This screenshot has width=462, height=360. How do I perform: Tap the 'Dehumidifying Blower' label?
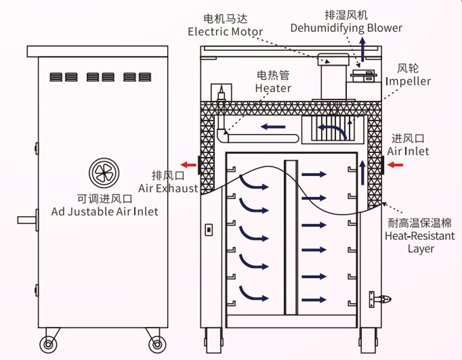pyautogui.click(x=346, y=27)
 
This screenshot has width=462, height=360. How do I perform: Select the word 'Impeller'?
pyautogui.click(x=409, y=81)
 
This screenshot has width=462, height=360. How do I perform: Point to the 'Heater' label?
pyautogui.click(x=273, y=88)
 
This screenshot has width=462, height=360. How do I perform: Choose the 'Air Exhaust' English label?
pyautogui.click(x=168, y=188)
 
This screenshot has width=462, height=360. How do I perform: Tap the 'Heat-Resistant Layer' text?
pyautogui.click(x=421, y=242)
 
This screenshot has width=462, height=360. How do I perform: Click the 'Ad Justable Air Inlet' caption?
pyautogui.click(x=105, y=211)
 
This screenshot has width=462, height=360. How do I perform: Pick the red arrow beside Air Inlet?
pyautogui.click(x=396, y=165)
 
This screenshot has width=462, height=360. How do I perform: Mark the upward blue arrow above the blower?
pyautogui.click(x=363, y=48)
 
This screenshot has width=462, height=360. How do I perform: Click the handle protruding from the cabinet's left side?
pyautogui.click(x=27, y=220)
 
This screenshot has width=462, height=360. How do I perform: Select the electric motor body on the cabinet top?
pyautogui.click(x=332, y=79)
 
